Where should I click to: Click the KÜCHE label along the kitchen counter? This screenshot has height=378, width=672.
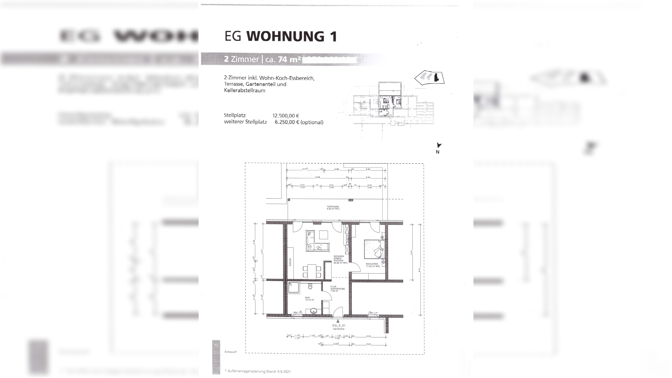(x=290, y=262)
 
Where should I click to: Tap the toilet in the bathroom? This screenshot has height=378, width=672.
(x=310, y=286)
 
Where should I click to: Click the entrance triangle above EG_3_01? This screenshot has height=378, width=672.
(x=338, y=321)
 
